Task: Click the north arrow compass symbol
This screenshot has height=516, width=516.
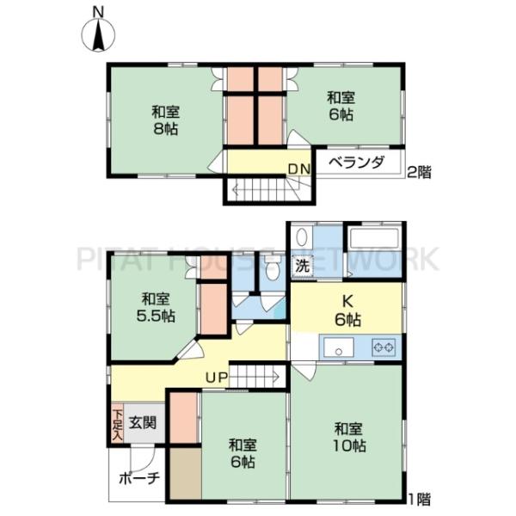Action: coord(98,34)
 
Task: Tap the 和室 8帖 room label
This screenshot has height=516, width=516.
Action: coord(165,120)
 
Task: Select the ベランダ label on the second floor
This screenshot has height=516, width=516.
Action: coord(357,163)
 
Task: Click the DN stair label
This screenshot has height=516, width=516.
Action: coord(299,169)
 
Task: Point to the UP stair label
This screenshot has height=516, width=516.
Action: coord(217,378)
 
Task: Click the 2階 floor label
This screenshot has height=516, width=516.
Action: coord(419,172)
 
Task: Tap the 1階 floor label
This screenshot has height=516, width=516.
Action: coord(419,499)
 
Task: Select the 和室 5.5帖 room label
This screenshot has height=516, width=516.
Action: coord(156,308)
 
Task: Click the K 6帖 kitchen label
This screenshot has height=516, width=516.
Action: coord(347,310)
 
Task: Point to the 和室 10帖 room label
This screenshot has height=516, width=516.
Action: coord(349,438)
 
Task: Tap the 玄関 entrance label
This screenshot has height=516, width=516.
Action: coord(142,422)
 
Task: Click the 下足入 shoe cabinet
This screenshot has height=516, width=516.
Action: coord(117,423)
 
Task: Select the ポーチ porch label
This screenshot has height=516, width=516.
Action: coord(139,478)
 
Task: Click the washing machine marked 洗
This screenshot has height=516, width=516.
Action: coord(303,266)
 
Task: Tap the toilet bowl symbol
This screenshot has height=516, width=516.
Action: coord(272,269)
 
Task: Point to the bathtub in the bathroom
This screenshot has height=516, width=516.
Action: coord(375,238)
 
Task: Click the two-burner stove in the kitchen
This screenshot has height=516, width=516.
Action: coord(384,347)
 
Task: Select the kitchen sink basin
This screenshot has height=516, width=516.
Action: coord(339,347)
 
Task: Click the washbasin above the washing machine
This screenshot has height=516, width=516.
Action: coord(301,237)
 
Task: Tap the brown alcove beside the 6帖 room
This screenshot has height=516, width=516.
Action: coord(186,472)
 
